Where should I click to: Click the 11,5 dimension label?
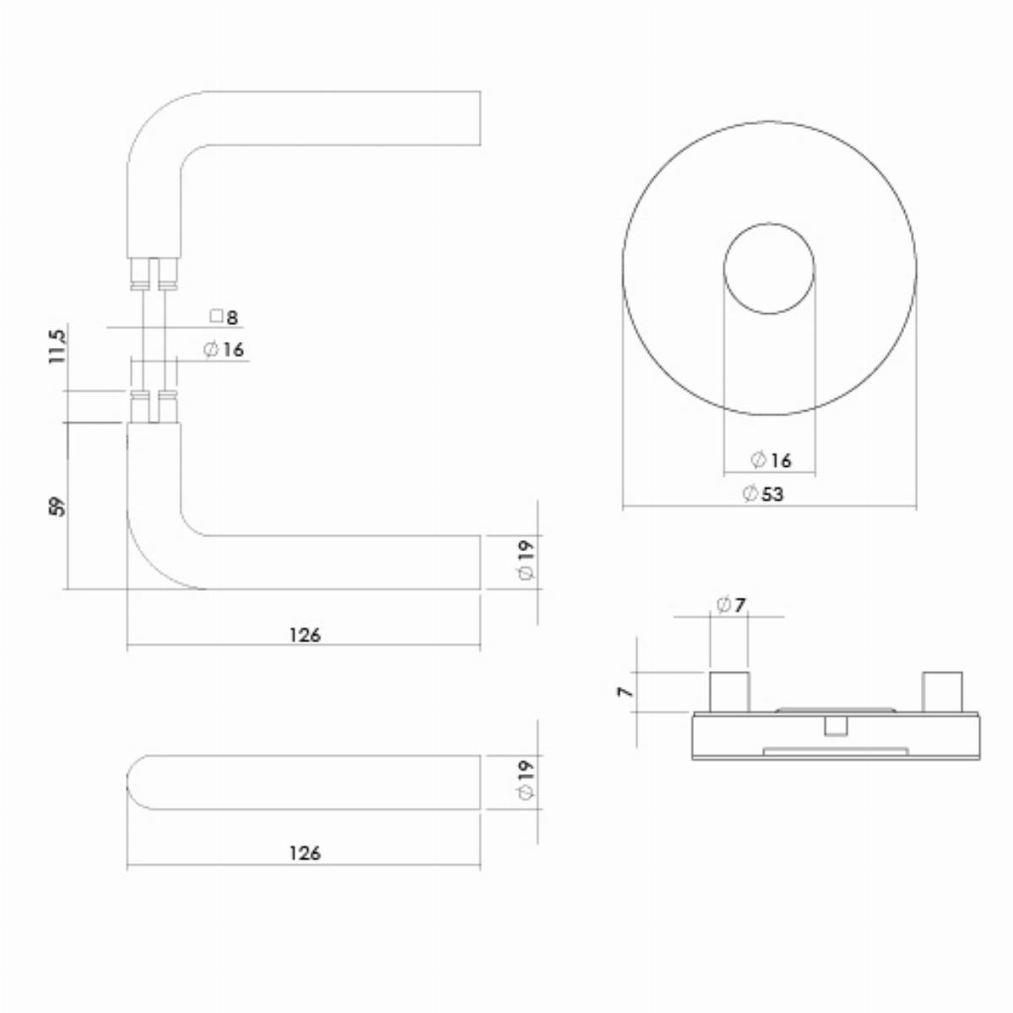pyautogui.click(x=57, y=346)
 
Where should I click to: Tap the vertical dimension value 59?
pyautogui.click(x=57, y=506)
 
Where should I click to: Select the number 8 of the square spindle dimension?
pyautogui.click(x=232, y=317)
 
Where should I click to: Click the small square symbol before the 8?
pyautogui.click(x=216, y=316)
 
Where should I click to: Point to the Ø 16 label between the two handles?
pyautogui.click(x=224, y=349)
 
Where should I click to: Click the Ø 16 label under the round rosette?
pyautogui.click(x=771, y=461)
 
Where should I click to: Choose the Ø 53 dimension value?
pyautogui.click(x=763, y=494)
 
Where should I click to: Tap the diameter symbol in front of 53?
pyautogui.click(x=750, y=494)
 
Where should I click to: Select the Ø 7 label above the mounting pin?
pyautogui.click(x=731, y=605)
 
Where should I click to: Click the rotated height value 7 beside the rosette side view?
pyautogui.click(x=626, y=692)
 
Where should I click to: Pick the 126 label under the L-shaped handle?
pyautogui.click(x=305, y=636)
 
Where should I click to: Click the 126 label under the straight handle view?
pyautogui.click(x=305, y=853)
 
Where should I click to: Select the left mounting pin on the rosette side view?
pyautogui.click(x=729, y=692)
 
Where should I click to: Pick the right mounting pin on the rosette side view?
pyautogui.click(x=943, y=692)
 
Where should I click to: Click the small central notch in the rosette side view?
pyautogui.click(x=836, y=727)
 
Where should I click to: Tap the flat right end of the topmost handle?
pyautogui.click(x=480, y=117)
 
